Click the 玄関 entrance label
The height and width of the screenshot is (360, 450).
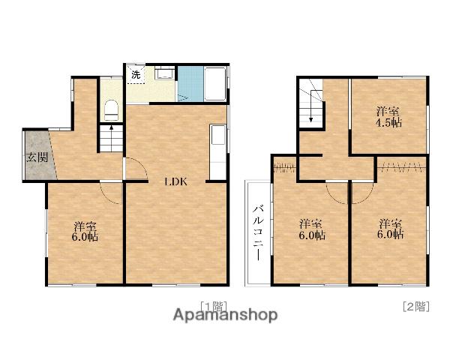[37, 157]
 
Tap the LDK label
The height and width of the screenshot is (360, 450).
[175, 181]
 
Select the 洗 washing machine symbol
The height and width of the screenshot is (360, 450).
[136, 75]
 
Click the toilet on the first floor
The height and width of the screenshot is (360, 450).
[111, 110]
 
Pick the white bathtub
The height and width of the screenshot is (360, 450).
[215, 83]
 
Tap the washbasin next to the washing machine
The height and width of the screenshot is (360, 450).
[164, 73]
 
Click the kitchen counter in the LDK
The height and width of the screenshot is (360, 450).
[218, 152]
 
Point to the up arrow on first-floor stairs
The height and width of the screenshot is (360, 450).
[111, 128]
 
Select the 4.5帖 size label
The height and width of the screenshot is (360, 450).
[388, 123]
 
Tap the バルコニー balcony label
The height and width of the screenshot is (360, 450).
[258, 232]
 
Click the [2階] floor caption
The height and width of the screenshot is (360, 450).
[416, 306]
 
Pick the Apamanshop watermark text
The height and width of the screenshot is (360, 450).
[226, 315]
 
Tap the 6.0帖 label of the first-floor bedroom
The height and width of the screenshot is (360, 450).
[85, 237]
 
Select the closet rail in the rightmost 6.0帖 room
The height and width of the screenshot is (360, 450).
[402, 166]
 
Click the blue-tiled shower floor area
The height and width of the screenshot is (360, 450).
[190, 83]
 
